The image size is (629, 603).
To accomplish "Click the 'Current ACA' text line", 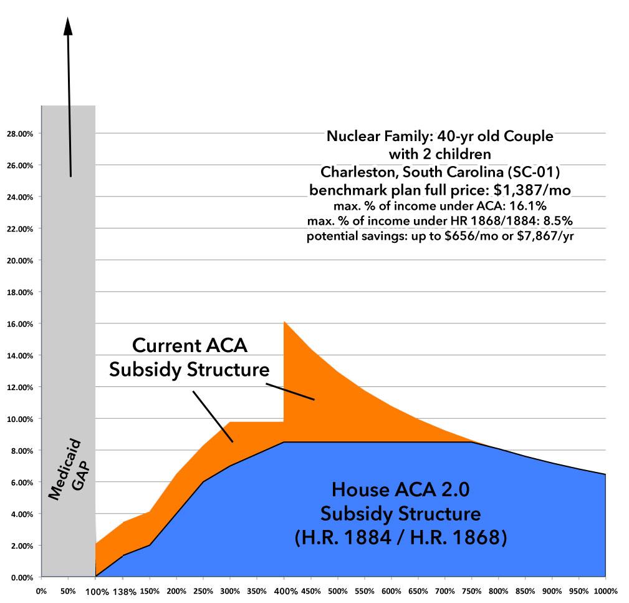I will [x=186, y=346].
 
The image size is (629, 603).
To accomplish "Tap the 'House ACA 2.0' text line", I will [x=400, y=490].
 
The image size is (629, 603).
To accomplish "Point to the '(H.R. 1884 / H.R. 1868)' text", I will [x=400, y=537].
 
